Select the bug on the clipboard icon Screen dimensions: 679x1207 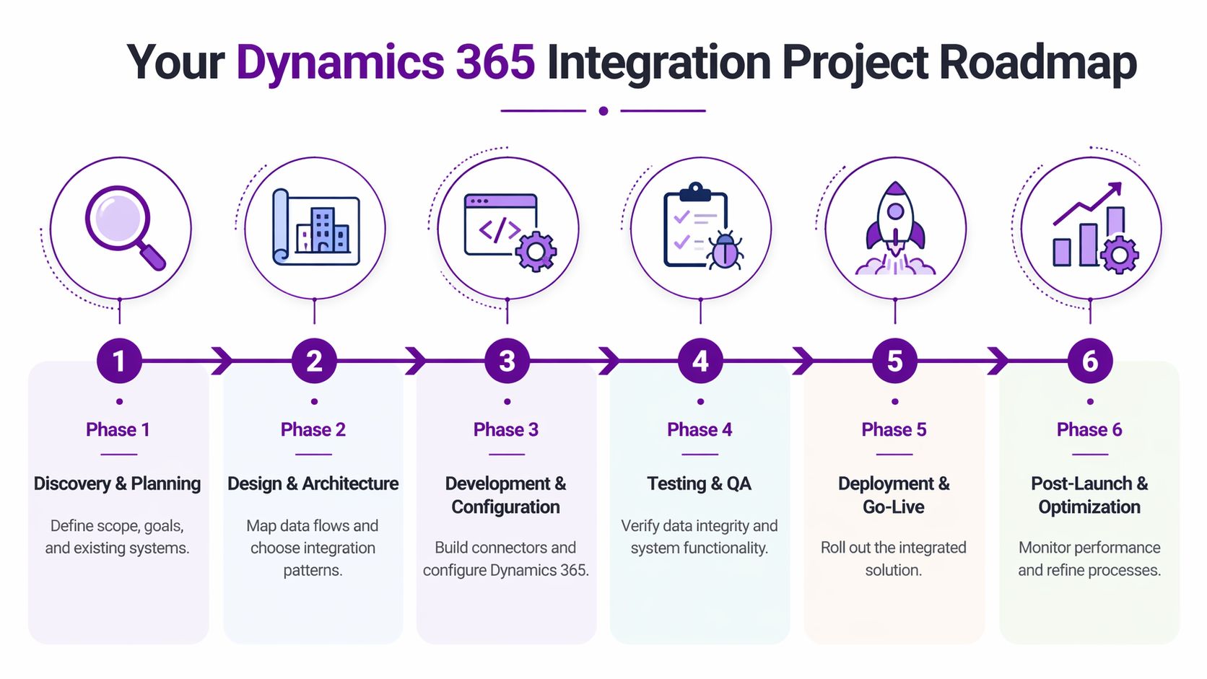tap(725, 250)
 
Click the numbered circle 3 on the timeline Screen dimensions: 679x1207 tap(507, 361)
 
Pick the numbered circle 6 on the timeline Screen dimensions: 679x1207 tap(1089, 361)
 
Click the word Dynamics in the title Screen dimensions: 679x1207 tap(339, 62)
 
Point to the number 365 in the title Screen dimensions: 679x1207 tap(495, 62)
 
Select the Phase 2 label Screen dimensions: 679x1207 tap(313, 430)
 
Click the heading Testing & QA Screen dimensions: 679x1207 tap(699, 483)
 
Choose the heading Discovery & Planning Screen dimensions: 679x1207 tap(117, 483)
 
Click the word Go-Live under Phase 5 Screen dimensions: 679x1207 tap(894, 507)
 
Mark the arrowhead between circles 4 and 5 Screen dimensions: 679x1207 tap(803, 361)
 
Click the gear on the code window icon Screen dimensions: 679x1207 tap(536, 251)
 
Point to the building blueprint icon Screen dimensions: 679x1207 tap(315, 227)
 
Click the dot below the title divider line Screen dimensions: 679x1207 tap(603, 111)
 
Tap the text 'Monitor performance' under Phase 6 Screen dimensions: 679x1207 tap(1089, 548)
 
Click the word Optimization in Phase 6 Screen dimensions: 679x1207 tap(1089, 507)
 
